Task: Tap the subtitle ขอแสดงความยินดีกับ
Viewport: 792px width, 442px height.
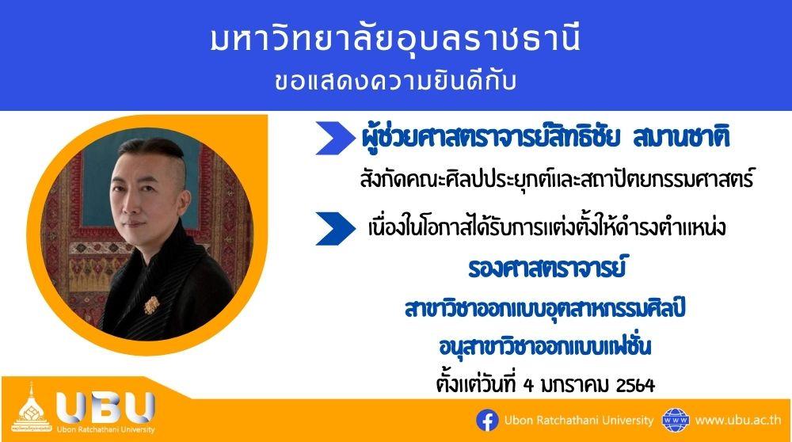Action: click(x=395, y=82)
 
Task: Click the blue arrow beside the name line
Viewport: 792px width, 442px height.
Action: click(x=335, y=138)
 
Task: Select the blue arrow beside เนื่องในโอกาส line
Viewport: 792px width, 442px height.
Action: click(x=335, y=229)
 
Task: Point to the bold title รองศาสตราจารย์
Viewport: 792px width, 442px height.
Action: click(x=546, y=269)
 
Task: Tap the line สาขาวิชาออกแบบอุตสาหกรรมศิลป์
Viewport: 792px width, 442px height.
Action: click(x=545, y=308)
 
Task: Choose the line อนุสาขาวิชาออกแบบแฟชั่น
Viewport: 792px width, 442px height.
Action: click(x=545, y=346)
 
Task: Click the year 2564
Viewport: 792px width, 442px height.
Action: click(x=636, y=386)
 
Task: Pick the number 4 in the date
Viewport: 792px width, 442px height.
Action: click(x=529, y=386)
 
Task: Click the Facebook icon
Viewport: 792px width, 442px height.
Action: click(x=487, y=421)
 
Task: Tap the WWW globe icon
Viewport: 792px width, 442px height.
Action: click(x=676, y=421)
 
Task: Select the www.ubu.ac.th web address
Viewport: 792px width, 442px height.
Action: click(x=738, y=421)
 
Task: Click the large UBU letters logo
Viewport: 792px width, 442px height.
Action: click(x=105, y=407)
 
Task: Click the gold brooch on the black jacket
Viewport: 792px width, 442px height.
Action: click(x=151, y=305)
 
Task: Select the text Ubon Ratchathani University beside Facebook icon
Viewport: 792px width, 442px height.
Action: click(x=579, y=421)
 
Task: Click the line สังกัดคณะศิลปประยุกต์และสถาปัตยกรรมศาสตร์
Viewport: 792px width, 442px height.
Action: click(x=557, y=178)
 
